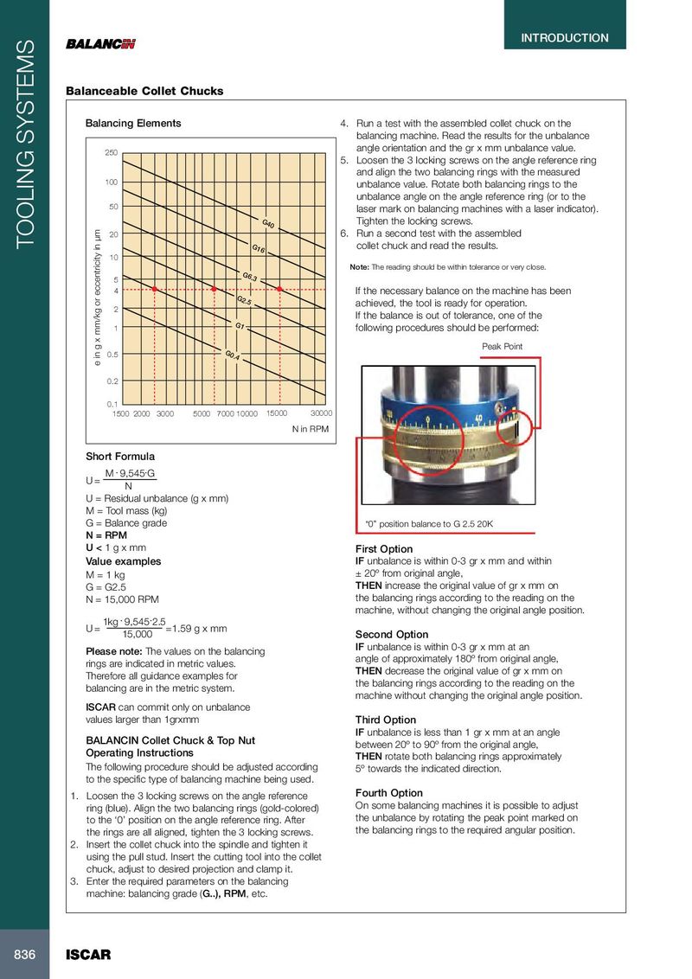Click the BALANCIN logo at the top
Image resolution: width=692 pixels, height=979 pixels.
pos(100,45)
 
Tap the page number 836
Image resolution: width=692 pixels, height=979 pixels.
pos(23,954)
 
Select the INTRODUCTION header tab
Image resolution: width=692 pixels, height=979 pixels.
pos(564,38)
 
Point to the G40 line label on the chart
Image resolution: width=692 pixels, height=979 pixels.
pos(268,225)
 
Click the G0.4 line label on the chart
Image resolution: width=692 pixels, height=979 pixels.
pos(231,355)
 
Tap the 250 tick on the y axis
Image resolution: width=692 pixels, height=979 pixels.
pos(111,153)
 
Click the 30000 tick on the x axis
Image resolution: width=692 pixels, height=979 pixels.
pos(321,413)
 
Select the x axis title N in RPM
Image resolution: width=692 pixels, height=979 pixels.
pos(310,429)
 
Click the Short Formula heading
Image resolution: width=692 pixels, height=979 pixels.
pos(120,456)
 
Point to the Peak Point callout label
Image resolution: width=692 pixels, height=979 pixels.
pos(503,347)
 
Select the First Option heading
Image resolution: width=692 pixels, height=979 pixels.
pos(384,549)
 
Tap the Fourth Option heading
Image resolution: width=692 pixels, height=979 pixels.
pos(389,793)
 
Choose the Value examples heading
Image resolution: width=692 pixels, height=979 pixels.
pos(123,561)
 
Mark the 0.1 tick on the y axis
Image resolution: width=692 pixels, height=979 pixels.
pos(112,404)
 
